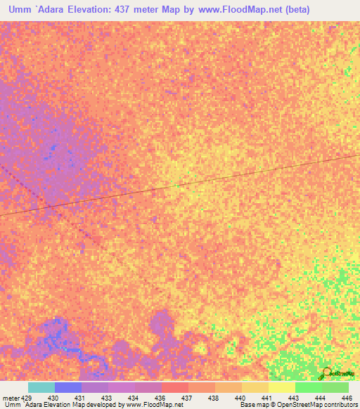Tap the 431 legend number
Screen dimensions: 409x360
[x=79, y=398]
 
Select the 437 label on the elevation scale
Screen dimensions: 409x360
[x=186, y=398]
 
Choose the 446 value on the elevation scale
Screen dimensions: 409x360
[x=347, y=398]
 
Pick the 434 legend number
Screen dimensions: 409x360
[x=133, y=398]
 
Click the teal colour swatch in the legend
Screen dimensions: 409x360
[x=41, y=387]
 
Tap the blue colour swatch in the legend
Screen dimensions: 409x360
[x=68, y=387]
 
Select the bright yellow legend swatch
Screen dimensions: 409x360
[x=281, y=387]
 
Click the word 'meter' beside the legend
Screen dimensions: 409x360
[x=10, y=398]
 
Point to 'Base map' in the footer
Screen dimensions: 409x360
[x=250, y=405]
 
